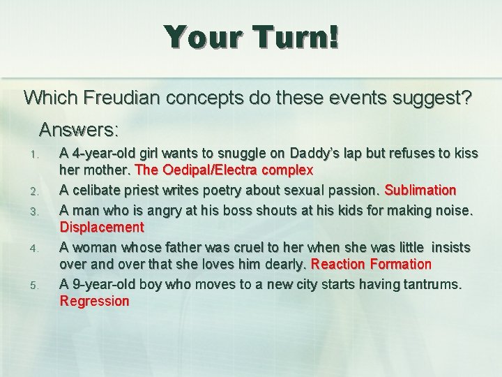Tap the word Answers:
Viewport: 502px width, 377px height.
coord(79,130)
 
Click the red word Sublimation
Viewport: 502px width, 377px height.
coord(420,190)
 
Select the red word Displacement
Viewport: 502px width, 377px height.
coord(102,227)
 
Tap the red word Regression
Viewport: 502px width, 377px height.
coord(95,302)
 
